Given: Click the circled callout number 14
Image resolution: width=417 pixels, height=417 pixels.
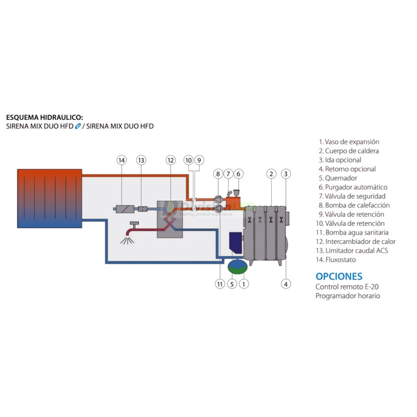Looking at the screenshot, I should (x=121, y=160).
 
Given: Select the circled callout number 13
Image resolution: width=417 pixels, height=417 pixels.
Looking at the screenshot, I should (x=141, y=160).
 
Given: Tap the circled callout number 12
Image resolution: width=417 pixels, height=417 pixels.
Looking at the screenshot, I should (x=170, y=160).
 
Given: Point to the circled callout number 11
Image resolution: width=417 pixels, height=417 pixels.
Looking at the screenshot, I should (x=219, y=284).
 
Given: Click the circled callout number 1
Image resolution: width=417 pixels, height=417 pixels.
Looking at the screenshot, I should (x=243, y=284).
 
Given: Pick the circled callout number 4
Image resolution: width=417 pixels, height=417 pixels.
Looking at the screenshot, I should (x=286, y=284).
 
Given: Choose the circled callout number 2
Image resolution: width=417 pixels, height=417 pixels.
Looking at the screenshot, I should (x=271, y=174).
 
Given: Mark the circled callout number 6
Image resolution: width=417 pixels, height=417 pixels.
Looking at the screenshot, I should (x=239, y=174).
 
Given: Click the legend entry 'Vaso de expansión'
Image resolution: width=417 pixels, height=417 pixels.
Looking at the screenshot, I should (x=348, y=142).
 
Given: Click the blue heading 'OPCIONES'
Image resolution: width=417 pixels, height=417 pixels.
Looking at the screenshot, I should (x=339, y=276).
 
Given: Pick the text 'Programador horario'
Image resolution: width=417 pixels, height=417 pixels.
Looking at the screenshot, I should (x=347, y=296).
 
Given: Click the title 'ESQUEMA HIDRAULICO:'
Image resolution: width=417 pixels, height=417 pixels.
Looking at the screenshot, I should (x=44, y=118).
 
